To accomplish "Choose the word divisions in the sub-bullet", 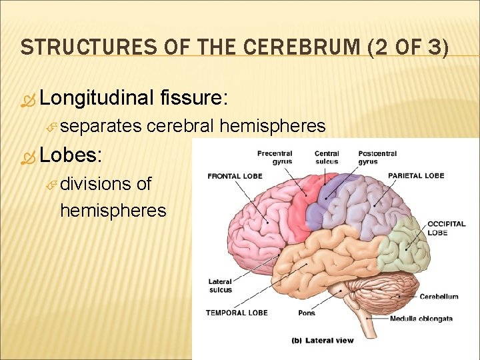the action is tap(95, 183).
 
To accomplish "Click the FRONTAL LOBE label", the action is tap(235, 176).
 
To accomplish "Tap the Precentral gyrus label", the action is tap(274, 157).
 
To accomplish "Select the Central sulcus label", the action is tap(327, 157).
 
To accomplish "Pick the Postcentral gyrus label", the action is tap(377, 157).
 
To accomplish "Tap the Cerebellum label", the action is tap(439, 297).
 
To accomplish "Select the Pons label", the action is tap(307, 313).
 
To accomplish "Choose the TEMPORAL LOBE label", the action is tap(237, 313).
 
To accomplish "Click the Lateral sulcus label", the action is tap(220, 285).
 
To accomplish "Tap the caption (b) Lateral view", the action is tap(323, 341).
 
